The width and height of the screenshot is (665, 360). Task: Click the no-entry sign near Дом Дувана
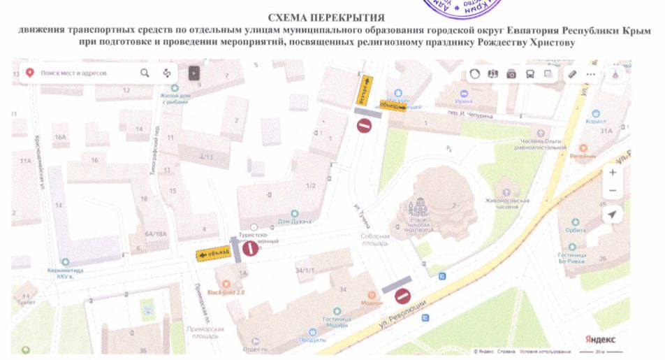click(249, 249)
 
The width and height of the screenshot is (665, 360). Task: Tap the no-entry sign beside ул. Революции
click(402, 297)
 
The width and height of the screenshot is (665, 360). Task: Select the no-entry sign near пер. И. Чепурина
click(364, 126)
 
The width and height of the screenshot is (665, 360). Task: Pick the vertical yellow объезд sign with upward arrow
click(364, 90)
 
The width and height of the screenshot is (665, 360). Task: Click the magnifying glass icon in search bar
click(145, 73)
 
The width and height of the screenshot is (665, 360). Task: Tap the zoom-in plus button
click(612, 172)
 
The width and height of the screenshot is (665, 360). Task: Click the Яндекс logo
click(600, 338)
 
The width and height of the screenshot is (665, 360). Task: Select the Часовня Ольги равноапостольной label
click(539, 144)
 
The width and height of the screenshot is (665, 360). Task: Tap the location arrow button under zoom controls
click(612, 215)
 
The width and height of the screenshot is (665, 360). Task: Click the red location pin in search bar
click(30, 73)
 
